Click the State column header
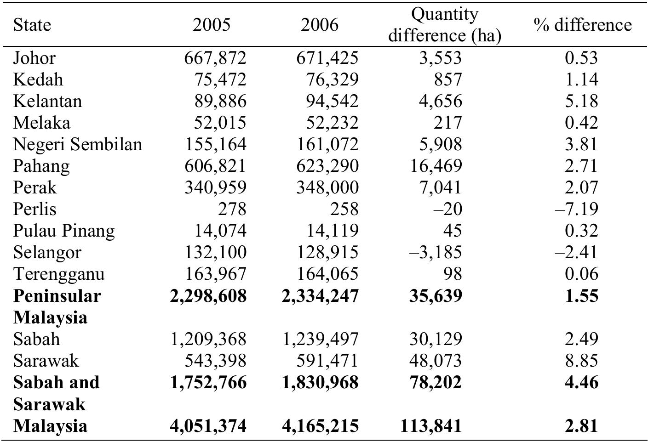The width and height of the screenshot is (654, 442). [32, 25]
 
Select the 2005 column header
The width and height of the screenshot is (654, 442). [211, 25]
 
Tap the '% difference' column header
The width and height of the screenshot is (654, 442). [582, 25]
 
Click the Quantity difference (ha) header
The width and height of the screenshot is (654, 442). [444, 25]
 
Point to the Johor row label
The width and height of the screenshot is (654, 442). [34, 58]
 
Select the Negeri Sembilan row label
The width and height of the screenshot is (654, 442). [78, 144]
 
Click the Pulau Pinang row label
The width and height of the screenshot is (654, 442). [64, 231]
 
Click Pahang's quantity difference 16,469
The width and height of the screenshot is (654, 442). [436, 166]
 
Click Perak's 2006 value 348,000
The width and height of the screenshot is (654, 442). [327, 187]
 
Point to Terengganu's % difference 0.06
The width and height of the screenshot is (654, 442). [581, 274]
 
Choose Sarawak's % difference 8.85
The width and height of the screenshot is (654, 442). [581, 361]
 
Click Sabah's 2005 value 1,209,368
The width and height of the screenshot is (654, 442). [208, 339]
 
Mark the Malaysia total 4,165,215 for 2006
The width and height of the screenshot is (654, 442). [320, 425]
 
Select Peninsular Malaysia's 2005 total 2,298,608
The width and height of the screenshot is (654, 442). [208, 296]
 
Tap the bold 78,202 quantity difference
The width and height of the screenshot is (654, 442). [436, 382]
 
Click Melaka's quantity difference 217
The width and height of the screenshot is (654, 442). [447, 123]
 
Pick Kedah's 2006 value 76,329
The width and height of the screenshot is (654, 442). [332, 79]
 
